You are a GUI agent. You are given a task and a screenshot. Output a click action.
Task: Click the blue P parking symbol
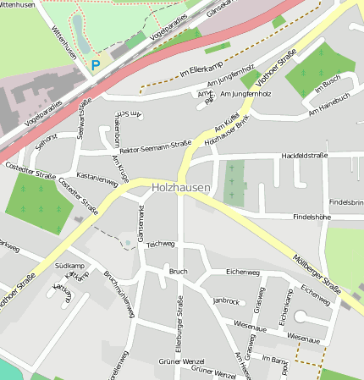click(96, 63)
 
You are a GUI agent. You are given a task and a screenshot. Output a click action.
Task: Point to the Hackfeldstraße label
click(305, 156)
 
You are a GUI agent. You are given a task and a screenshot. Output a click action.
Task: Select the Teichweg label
click(160, 244)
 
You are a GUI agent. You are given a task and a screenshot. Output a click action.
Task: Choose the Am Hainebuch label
click(329, 103)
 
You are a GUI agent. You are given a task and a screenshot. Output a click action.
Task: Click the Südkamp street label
click(69, 266)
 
